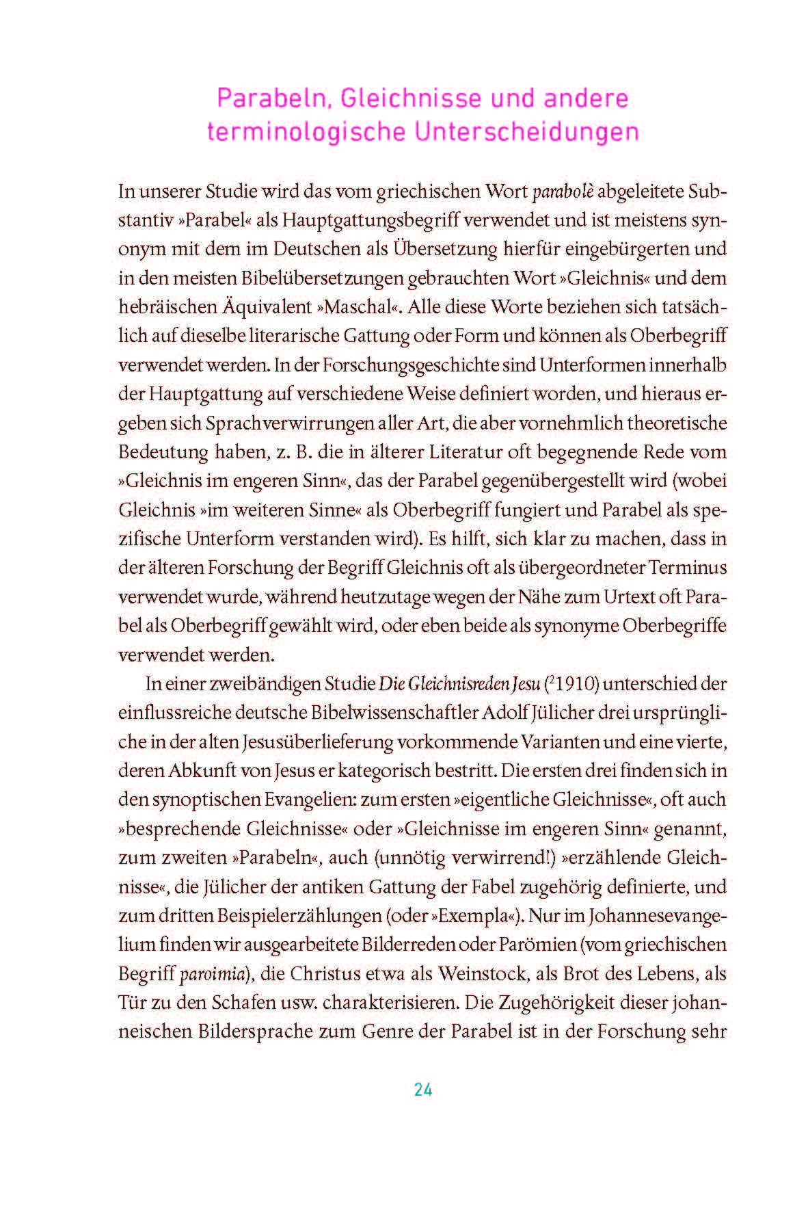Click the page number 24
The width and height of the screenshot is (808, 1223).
422,1090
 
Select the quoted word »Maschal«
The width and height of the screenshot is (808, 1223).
358,307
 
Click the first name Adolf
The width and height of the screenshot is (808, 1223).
504,713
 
